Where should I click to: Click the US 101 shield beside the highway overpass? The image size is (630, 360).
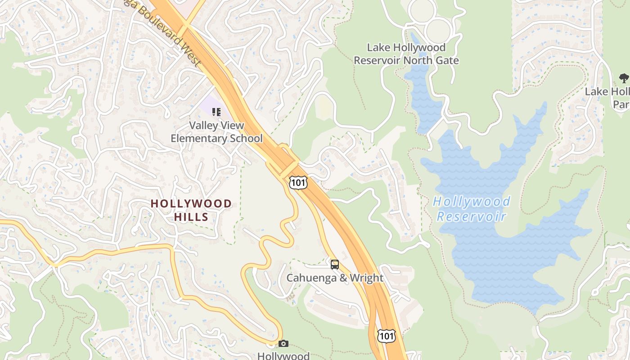point(298,182)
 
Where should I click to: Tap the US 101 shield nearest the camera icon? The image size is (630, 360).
point(387,335)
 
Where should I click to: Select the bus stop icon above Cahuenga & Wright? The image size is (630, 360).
point(334,264)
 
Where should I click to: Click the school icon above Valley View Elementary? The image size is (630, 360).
point(216,112)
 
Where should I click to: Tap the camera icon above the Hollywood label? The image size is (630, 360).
point(283,344)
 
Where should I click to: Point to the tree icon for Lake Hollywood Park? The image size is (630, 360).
point(624,78)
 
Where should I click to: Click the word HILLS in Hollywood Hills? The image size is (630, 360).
point(191,217)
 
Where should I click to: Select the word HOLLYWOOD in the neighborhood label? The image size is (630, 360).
point(191,204)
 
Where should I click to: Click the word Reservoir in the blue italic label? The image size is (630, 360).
point(472,216)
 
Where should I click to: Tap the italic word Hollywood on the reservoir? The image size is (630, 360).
point(472,202)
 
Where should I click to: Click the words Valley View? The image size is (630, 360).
point(216,126)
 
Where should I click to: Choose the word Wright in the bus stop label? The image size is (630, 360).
point(367,278)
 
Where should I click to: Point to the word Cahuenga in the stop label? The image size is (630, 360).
point(311,278)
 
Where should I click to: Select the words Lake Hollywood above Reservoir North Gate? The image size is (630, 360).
point(406,47)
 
